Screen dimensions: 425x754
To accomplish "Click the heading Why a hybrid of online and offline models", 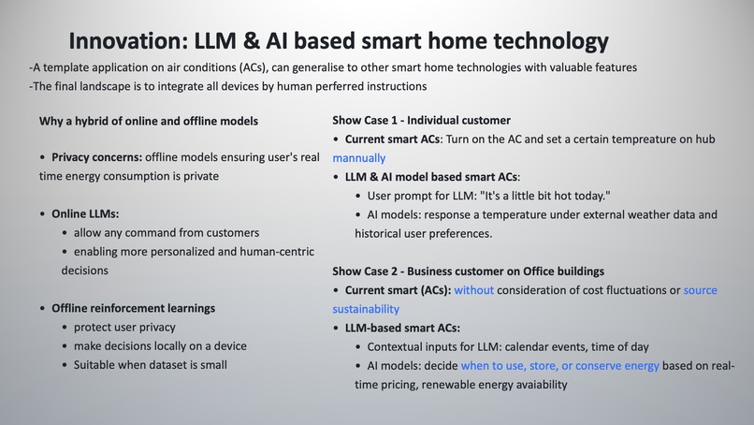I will [x=149, y=121].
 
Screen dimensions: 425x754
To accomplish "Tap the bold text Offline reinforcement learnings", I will [x=133, y=308].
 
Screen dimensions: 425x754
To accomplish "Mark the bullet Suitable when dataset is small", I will [x=150, y=364].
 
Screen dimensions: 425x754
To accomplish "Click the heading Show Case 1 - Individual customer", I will [x=421, y=121].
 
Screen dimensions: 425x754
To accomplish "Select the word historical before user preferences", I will [x=385, y=233].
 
